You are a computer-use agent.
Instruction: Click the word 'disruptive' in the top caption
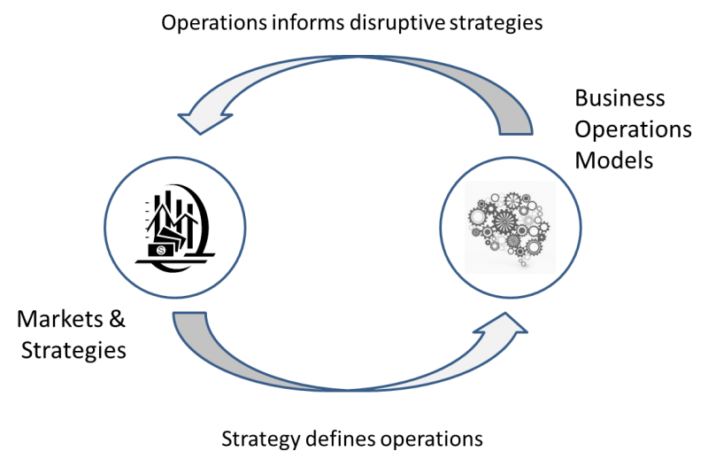[x=396, y=23]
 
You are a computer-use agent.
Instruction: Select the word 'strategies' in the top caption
[x=496, y=24]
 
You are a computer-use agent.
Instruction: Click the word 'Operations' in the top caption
[x=214, y=24]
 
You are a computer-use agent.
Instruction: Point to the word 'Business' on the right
[x=619, y=98]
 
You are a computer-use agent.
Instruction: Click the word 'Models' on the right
[x=614, y=160]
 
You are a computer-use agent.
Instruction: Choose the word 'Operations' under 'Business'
[x=633, y=130]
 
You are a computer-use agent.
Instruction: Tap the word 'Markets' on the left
[x=60, y=319]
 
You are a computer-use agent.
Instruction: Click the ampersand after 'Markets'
[x=117, y=319]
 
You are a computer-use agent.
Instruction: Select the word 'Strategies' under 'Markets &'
[x=73, y=351]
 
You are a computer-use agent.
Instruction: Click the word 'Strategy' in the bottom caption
[x=260, y=440]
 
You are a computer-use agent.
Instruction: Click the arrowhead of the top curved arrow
[x=204, y=120]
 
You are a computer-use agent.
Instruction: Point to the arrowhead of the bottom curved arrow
[x=504, y=325]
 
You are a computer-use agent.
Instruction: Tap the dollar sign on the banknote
[x=161, y=250]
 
